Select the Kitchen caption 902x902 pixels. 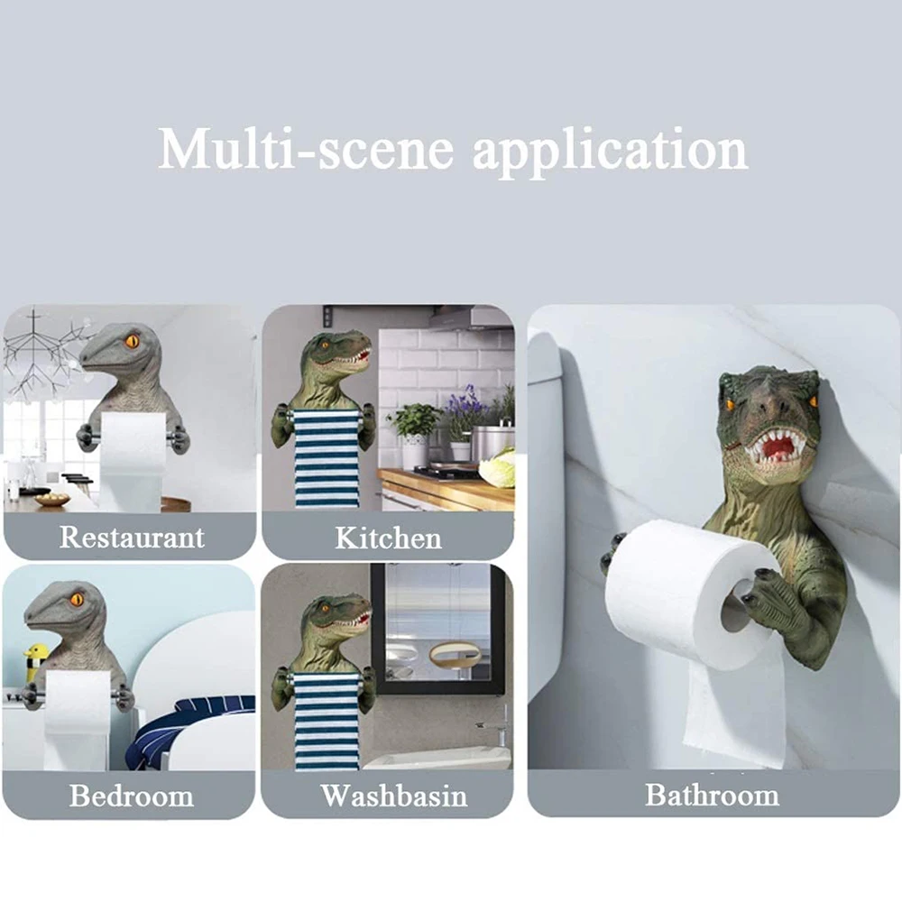(x=388, y=538)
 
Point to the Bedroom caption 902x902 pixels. (x=132, y=796)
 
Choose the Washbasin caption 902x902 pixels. (x=394, y=796)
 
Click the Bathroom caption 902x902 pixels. (x=712, y=795)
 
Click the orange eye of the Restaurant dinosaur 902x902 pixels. (x=132, y=341)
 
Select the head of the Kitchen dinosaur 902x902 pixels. (x=338, y=351)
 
